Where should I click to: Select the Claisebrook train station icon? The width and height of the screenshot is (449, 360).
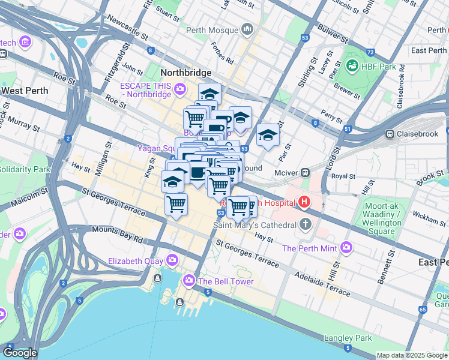[390, 134]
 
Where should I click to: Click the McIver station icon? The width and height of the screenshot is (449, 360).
[305, 172]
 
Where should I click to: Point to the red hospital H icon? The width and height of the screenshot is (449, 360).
[304, 202]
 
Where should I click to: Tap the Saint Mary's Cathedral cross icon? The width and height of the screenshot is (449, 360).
[306, 226]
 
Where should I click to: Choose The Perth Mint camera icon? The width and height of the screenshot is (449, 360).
[346, 247]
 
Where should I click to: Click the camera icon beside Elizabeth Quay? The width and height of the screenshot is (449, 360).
[173, 260]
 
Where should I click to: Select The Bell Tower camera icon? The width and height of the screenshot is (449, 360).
[189, 281]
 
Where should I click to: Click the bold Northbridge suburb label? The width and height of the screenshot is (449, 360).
[186, 73]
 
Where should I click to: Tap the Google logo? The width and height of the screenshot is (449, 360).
[20, 353]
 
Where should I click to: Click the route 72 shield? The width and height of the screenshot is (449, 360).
[370, 52]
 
